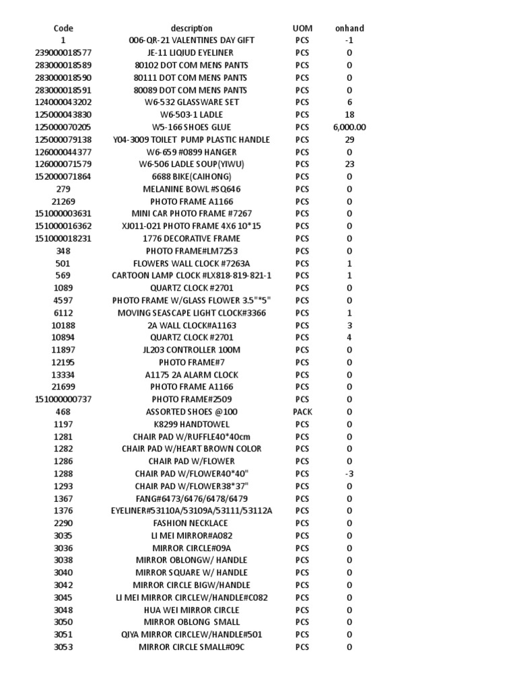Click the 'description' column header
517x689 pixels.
click(191, 28)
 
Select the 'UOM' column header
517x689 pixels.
click(302, 28)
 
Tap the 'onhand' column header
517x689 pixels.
click(349, 28)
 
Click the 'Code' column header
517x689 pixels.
click(63, 28)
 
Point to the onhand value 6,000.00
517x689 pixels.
click(349, 127)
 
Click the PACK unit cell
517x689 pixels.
click(302, 412)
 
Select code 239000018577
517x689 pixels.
click(63, 52)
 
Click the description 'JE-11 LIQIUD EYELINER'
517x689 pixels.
click(191, 52)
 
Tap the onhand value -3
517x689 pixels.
click(349, 474)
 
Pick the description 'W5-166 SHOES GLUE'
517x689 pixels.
click(191, 127)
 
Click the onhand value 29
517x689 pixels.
click(349, 139)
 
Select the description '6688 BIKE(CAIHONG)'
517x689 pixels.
click(191, 176)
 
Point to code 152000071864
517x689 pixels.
click(63, 176)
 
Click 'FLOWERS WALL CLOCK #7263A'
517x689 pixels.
click(191, 263)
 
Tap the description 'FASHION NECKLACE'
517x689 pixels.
click(191, 523)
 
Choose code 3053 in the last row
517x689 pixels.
click(63, 647)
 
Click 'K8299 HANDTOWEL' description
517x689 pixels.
click(191, 424)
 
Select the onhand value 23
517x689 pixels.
click(349, 164)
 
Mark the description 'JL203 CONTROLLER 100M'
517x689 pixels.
click(191, 350)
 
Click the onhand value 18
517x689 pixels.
click(349, 114)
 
